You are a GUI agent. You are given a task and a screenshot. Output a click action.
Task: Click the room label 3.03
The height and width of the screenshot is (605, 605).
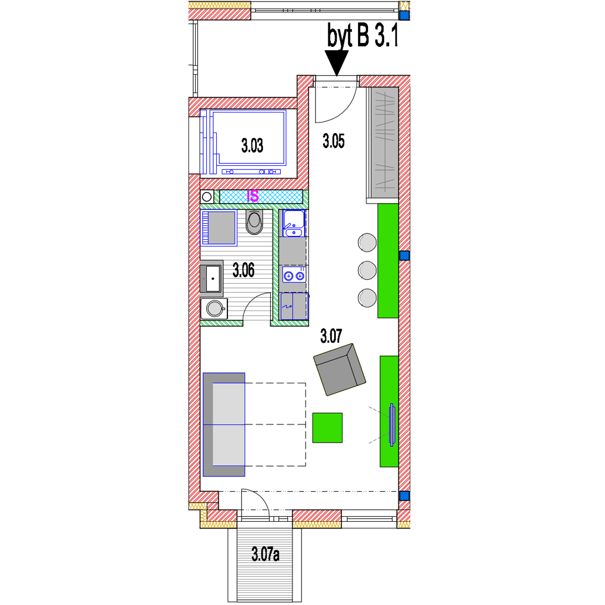(252, 146)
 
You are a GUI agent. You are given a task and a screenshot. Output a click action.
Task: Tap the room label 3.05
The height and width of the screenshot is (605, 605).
(333, 141)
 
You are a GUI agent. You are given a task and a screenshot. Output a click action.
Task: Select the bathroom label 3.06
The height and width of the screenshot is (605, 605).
(244, 270)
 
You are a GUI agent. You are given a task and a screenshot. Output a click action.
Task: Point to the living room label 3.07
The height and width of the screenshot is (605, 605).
(331, 336)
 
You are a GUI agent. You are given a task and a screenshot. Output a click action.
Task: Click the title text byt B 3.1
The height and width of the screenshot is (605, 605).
(362, 35)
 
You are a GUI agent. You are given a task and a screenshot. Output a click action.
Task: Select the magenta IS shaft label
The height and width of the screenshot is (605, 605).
(253, 196)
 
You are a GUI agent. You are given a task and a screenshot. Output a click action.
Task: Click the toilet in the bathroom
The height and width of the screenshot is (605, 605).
(254, 222)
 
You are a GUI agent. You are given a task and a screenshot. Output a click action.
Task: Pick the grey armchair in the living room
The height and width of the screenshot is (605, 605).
(340, 369)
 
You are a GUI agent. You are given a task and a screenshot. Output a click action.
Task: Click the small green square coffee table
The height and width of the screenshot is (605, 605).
(327, 428)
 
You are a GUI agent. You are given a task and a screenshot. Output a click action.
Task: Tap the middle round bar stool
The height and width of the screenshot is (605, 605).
(367, 270)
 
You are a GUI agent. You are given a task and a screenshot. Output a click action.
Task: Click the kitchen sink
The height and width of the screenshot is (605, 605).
(294, 223)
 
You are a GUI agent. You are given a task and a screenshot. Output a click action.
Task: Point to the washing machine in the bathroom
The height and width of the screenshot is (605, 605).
(214, 309)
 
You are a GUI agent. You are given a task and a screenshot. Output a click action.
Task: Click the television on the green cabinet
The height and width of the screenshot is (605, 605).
(392, 425)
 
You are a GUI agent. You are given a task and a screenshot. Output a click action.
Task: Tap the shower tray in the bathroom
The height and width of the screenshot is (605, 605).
(218, 227)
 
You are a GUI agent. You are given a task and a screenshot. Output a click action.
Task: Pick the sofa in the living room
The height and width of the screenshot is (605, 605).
(223, 425)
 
